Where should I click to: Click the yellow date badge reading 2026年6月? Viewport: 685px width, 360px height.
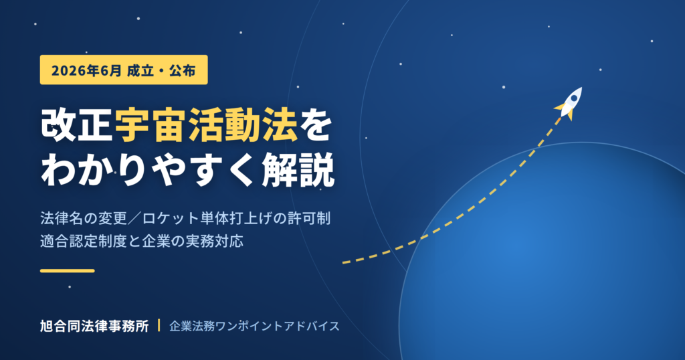(124, 70)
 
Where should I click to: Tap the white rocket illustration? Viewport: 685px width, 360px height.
(569, 103)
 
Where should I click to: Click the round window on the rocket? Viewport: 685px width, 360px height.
(573, 98)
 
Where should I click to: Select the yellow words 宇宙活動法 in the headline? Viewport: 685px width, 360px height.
(206, 126)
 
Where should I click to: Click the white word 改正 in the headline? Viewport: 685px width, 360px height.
(78, 126)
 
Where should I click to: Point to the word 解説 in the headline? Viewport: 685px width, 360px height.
(298, 171)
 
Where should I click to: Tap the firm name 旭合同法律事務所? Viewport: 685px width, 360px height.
(94, 326)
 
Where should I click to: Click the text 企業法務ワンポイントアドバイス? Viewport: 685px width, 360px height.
(254, 326)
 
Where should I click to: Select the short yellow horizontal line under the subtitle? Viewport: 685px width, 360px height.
(68, 271)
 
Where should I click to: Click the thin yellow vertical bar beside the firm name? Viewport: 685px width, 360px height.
(159, 325)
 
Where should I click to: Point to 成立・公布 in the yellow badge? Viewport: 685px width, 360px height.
(161, 70)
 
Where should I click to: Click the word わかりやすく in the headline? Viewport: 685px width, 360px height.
(148, 171)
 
